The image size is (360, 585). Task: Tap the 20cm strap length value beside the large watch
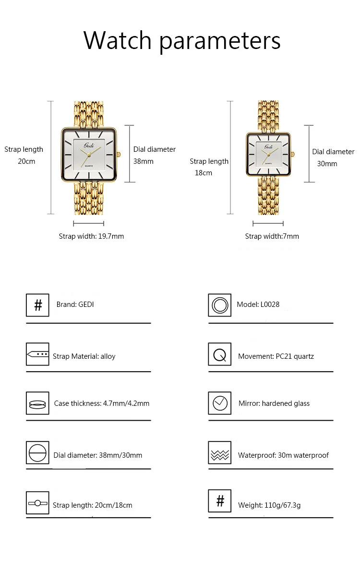pos(27,161)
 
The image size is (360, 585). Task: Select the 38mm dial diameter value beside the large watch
pos(144,161)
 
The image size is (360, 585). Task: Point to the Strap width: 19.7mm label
pos(91,236)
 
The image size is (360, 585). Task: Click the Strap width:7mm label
pos(272,236)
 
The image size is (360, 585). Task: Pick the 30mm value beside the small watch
pos(327,164)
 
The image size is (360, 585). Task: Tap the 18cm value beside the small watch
pos(204,173)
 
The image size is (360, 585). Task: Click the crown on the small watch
pos(292,154)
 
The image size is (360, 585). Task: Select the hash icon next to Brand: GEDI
pos(37,305)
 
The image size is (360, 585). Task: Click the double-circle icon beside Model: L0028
pos(220,305)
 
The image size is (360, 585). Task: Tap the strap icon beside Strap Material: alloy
pos(37,354)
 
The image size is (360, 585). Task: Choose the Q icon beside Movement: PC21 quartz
pos(220,354)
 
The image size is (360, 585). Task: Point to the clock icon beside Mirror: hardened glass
pos(220,403)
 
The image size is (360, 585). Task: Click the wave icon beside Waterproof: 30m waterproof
pos(220,453)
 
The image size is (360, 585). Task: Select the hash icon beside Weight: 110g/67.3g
pos(220,501)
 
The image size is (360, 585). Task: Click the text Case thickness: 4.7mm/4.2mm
pos(102,403)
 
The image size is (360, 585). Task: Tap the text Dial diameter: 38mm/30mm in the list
pos(98,455)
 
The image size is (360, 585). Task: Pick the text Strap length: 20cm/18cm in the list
pos(93,505)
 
